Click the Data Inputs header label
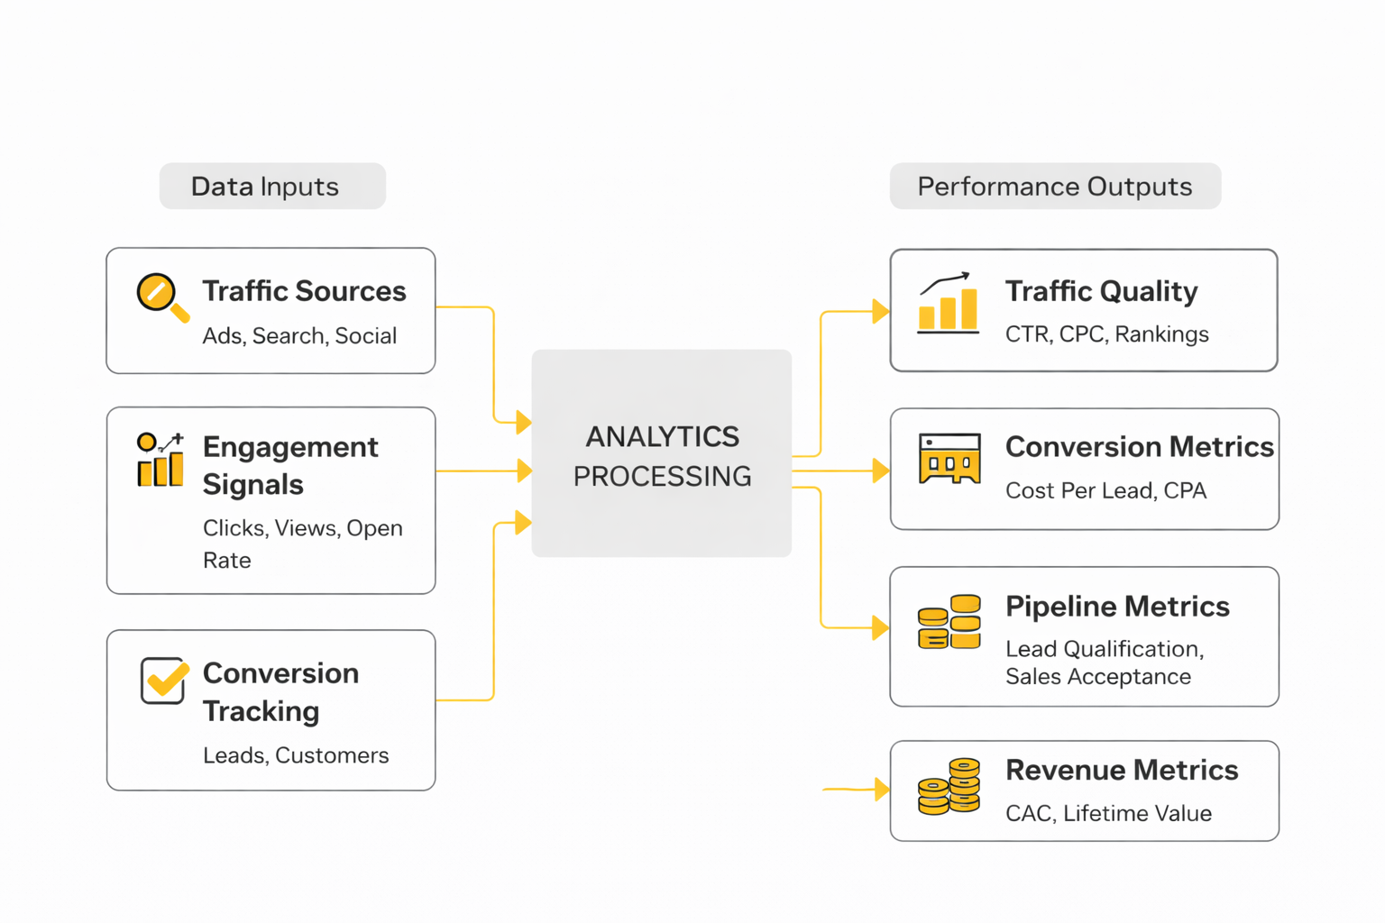(265, 187)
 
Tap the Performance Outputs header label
(1054, 187)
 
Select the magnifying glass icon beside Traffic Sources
(161, 297)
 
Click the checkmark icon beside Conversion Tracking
(164, 680)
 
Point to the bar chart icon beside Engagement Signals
(161, 460)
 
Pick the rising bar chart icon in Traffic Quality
(948, 304)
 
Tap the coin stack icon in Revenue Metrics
(949, 787)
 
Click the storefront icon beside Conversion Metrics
(949, 459)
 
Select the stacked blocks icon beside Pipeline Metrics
(949, 622)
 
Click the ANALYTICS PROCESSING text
(662, 456)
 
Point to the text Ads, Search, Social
(299, 336)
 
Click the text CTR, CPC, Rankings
(1106, 334)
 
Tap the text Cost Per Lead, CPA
(1105, 491)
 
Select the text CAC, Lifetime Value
(1108, 814)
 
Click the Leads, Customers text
(296, 755)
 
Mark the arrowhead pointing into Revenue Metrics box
(882, 790)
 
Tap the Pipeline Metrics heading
(1117, 607)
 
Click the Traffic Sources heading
(304, 291)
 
